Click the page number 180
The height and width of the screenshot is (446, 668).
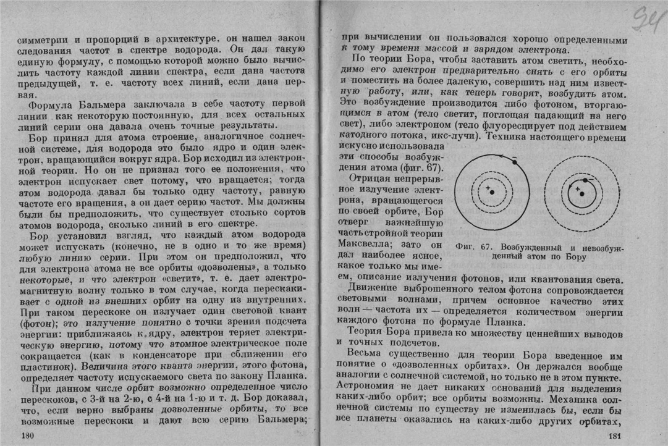(x=27, y=436)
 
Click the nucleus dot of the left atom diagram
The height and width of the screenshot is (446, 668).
(x=493, y=192)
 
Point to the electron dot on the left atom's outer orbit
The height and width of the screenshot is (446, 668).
(x=515, y=162)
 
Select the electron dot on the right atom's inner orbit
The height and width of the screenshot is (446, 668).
(x=586, y=179)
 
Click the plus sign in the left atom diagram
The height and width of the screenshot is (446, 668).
(x=488, y=187)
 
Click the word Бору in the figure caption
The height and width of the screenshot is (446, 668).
(x=575, y=255)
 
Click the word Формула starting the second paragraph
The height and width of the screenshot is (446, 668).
(x=49, y=102)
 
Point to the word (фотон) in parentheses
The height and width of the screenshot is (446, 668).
(x=38, y=322)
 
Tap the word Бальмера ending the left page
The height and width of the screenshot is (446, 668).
(x=280, y=419)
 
